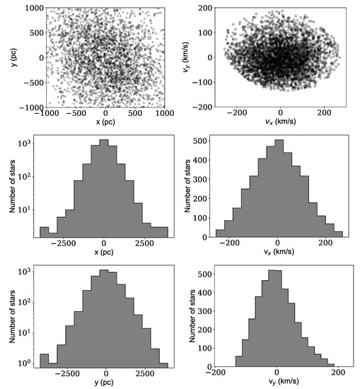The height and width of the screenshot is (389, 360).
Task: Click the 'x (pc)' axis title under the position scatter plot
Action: [105, 122]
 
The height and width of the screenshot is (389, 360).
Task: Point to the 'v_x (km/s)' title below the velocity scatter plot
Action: [280, 122]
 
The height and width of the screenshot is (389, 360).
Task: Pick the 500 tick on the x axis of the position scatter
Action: [135, 113]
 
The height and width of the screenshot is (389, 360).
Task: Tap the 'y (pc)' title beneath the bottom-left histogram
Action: [105, 383]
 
